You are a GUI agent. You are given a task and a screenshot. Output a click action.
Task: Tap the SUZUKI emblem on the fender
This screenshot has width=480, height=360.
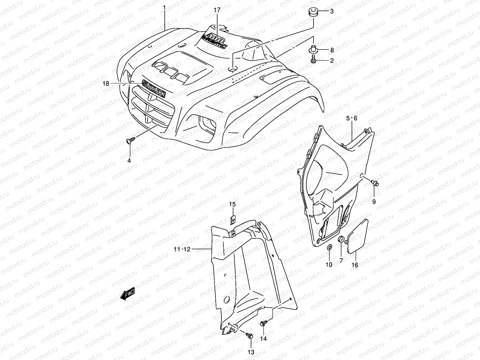(x=154, y=89)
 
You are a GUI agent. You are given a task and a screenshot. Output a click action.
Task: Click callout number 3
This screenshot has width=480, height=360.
(x=332, y=12)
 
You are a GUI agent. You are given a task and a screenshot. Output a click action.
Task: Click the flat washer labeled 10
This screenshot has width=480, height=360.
(x=329, y=247)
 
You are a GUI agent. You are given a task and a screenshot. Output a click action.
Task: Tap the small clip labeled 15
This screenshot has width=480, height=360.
(x=233, y=221)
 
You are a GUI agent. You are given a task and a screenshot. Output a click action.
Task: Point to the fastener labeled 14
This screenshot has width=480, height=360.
(x=263, y=324)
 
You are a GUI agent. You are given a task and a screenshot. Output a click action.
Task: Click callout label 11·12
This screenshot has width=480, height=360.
(x=182, y=249)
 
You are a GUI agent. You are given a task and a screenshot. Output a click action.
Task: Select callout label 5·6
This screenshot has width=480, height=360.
(x=352, y=118)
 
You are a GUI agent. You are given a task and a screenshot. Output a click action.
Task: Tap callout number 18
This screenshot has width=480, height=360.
(x=106, y=84)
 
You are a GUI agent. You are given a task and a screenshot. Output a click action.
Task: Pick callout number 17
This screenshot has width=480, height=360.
(x=217, y=10)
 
